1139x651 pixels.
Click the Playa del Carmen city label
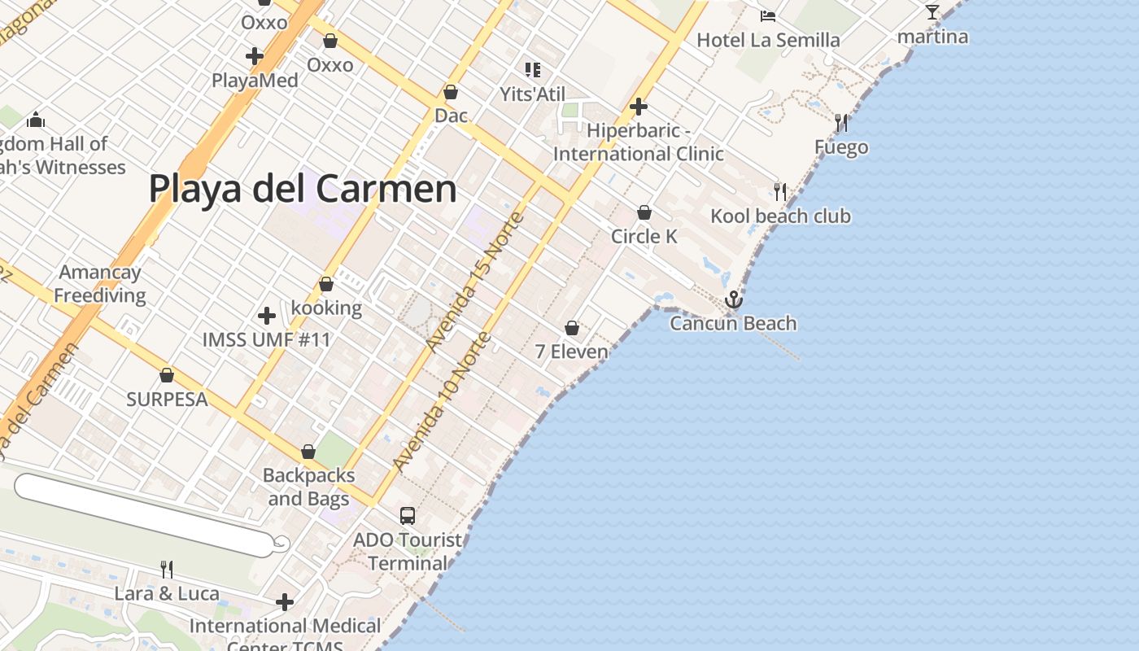pyautogui.click(x=302, y=189)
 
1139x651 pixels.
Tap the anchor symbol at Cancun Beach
pyautogui.click(x=734, y=300)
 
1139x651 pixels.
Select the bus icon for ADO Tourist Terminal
pyautogui.click(x=408, y=516)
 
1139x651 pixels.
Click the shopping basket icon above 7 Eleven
pyautogui.click(x=572, y=328)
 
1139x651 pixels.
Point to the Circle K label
pyautogui.click(x=644, y=236)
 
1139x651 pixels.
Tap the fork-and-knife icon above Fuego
pyautogui.click(x=841, y=123)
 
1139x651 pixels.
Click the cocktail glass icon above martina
pyautogui.click(x=932, y=12)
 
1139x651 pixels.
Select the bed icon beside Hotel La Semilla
pyautogui.click(x=767, y=15)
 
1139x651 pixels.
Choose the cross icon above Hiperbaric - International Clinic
pyautogui.click(x=639, y=107)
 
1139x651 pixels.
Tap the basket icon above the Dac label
pyautogui.click(x=451, y=92)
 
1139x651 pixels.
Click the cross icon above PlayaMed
pyautogui.click(x=255, y=56)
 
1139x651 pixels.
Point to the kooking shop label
pyautogui.click(x=326, y=308)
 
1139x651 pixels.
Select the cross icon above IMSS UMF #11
pyautogui.click(x=266, y=316)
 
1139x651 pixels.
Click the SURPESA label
pyautogui.click(x=167, y=400)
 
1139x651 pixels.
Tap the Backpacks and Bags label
pyautogui.click(x=308, y=487)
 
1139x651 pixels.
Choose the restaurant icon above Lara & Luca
pyautogui.click(x=167, y=569)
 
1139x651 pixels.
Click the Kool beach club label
pyautogui.click(x=780, y=216)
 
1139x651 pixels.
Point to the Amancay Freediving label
pyautogui.click(x=100, y=284)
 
